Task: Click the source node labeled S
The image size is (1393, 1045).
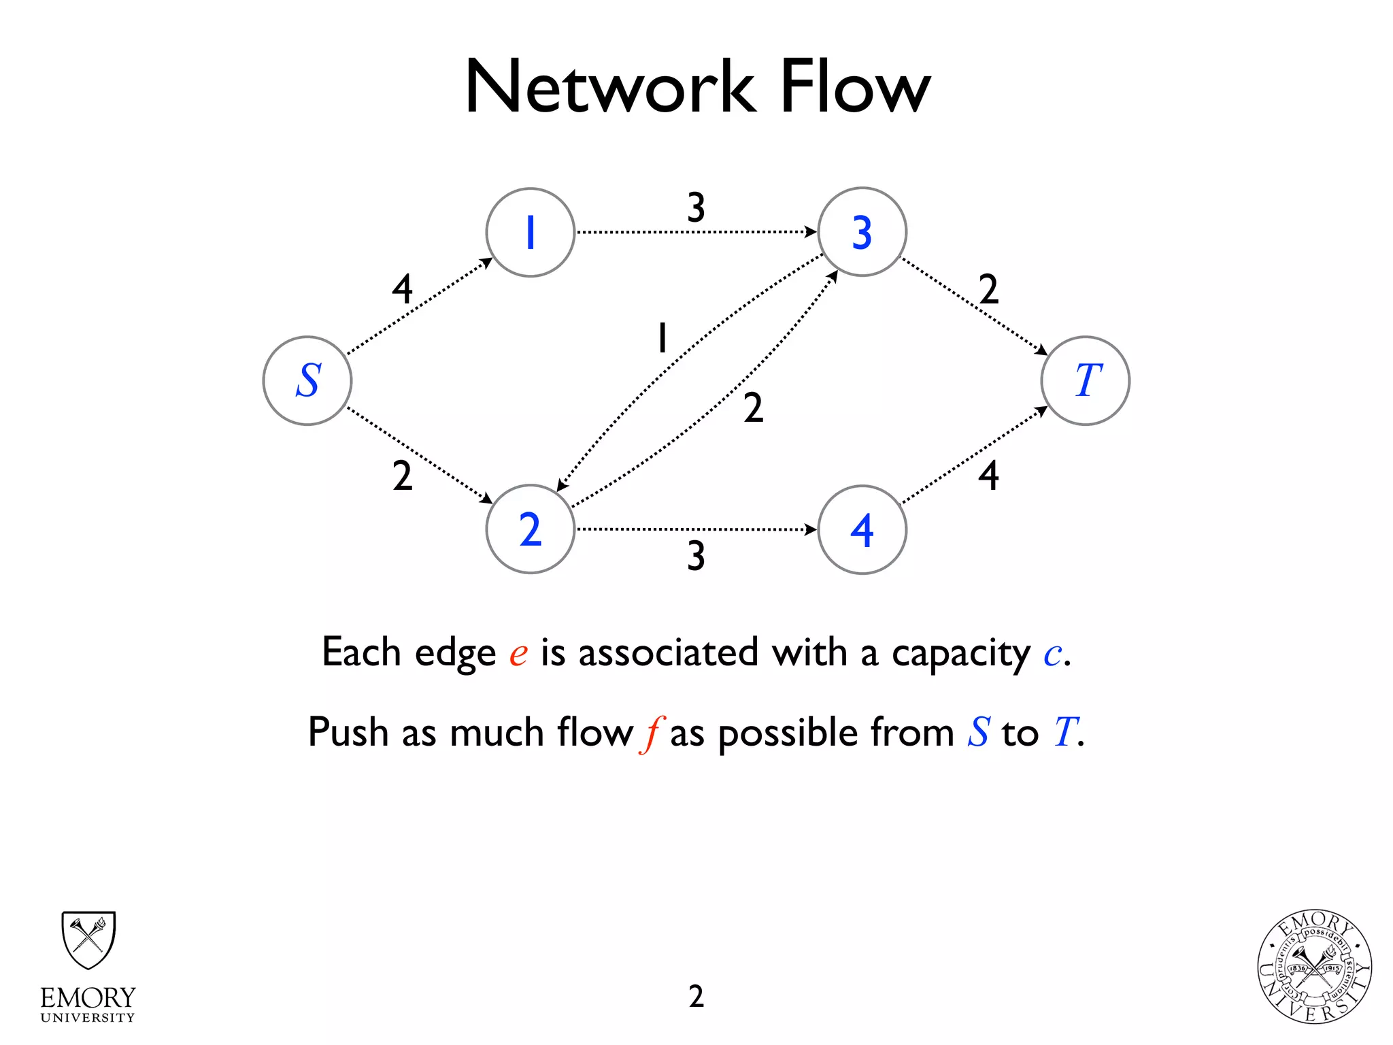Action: [x=307, y=381]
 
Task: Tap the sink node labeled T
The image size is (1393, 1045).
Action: [x=1086, y=381]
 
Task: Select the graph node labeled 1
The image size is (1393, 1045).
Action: [x=531, y=233]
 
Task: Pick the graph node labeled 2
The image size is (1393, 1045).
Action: [x=531, y=529]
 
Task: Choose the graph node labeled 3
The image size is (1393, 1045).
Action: [x=862, y=232]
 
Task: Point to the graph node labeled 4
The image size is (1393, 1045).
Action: [x=862, y=530]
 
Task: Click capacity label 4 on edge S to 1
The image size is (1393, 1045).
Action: [x=402, y=289]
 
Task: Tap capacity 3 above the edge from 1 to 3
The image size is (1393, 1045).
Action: [x=696, y=208]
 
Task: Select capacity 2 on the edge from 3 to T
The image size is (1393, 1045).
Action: [x=988, y=289]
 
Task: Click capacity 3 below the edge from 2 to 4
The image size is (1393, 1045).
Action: [x=696, y=556]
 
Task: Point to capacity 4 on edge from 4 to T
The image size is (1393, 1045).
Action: [x=988, y=475]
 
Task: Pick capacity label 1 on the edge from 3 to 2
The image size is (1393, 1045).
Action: [x=662, y=337]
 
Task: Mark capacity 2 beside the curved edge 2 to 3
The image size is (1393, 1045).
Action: [x=753, y=408]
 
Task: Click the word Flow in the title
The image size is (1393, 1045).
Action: [x=854, y=87]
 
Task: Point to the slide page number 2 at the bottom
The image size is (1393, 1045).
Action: [x=696, y=996]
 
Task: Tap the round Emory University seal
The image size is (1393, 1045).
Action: [x=1314, y=967]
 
